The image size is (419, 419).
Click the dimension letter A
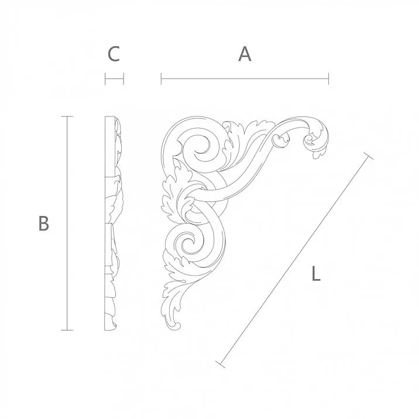(x=245, y=54)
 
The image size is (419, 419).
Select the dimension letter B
(x=43, y=223)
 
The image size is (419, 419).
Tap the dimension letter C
(x=114, y=54)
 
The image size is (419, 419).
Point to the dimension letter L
(x=315, y=274)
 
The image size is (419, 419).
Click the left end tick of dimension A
(x=162, y=78)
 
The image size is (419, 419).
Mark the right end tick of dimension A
(x=328, y=78)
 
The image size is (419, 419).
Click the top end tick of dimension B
(x=68, y=117)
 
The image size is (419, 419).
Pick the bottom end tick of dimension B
(x=68, y=330)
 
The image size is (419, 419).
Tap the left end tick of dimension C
(x=105, y=78)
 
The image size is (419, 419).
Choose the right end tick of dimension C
(x=123, y=78)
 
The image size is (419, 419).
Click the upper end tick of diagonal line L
(x=368, y=156)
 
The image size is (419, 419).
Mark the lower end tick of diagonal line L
(x=221, y=364)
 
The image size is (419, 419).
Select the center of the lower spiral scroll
(x=188, y=242)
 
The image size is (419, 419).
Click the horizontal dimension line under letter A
(x=245, y=78)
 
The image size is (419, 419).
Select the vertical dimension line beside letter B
(x=68, y=223)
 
